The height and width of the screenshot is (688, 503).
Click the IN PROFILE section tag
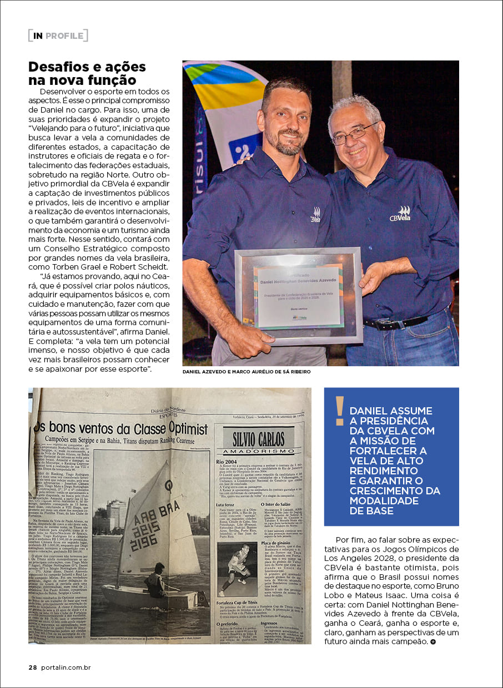pos(58,36)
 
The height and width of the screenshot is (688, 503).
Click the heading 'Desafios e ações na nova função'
pos(87,73)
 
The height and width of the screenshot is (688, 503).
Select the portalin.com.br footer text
pos(66,667)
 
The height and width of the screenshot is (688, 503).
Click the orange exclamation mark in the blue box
pos(339,411)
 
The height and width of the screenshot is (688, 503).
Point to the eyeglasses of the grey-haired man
pos(354,133)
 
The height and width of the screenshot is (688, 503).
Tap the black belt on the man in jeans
pos(395,322)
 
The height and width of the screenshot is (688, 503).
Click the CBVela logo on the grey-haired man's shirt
pos(399,214)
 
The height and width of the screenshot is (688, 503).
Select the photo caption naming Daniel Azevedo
pos(246,372)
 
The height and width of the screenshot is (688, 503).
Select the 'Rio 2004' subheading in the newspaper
pos(228,461)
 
